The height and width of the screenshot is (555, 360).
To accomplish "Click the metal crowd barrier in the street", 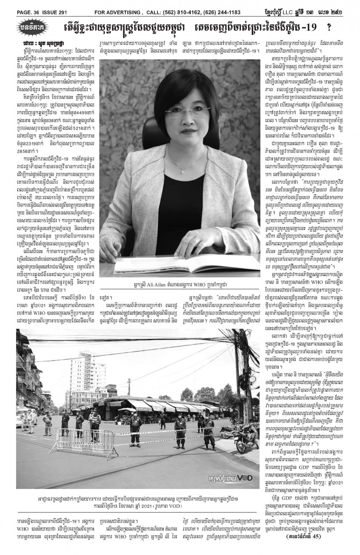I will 83,442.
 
